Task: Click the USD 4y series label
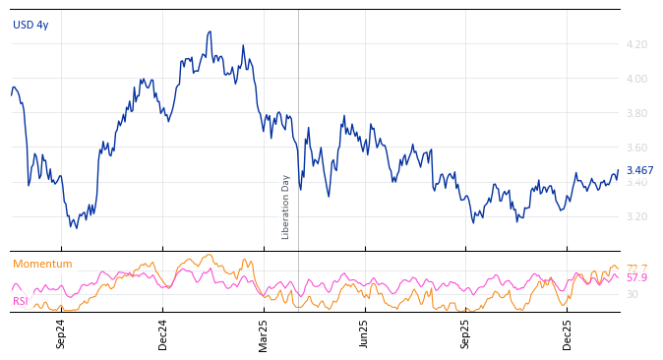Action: tap(30, 25)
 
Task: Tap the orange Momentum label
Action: tap(42, 264)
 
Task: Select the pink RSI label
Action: tap(21, 301)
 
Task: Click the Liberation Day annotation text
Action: tap(286, 207)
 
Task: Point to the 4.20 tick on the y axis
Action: tap(635, 44)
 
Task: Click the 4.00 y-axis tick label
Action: tap(635, 79)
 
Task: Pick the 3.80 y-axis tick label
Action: tap(635, 113)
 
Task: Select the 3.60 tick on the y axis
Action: tap(635, 148)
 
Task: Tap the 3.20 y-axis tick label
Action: tap(635, 216)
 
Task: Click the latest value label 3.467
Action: tap(639, 170)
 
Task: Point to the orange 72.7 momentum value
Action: tap(636, 269)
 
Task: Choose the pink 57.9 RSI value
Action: tap(636, 278)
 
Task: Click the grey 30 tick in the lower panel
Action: tap(632, 294)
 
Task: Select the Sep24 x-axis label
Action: tap(61, 333)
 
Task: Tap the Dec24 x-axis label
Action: tap(163, 333)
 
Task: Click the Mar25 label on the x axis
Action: tap(264, 333)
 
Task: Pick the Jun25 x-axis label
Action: tap(364, 333)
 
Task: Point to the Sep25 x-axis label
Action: tap(466, 333)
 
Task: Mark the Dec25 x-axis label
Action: tap(568, 333)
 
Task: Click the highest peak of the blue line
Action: tap(210, 31)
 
